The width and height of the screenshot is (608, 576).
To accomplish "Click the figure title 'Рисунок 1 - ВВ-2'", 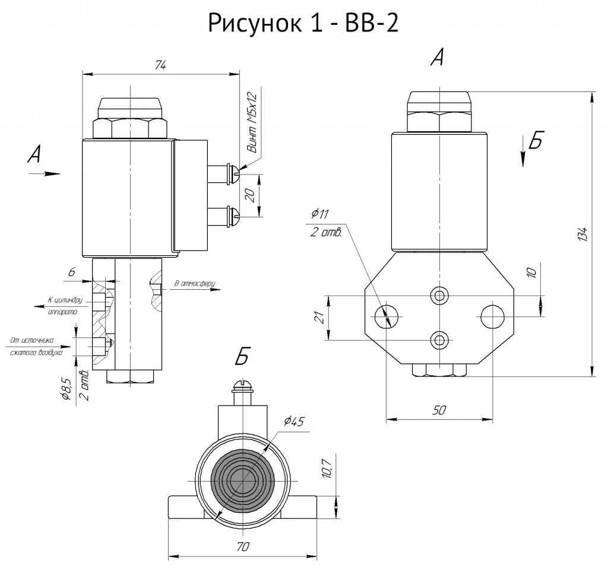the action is pyautogui.click(x=303, y=23).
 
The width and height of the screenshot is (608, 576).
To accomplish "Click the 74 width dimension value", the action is pyautogui.click(x=160, y=65).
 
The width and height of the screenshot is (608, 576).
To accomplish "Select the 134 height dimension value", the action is pyautogui.click(x=583, y=235).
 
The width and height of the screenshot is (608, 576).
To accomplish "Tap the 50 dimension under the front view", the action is pyautogui.click(x=439, y=410).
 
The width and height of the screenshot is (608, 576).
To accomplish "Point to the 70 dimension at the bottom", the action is pyautogui.click(x=242, y=547).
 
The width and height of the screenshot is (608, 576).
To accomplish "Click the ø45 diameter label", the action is pyautogui.click(x=294, y=421).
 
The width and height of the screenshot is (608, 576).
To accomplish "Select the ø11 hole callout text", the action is pyautogui.click(x=320, y=213).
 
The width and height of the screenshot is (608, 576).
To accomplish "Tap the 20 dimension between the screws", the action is pyautogui.click(x=251, y=195).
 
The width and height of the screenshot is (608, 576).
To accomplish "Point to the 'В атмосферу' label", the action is pyautogui.click(x=195, y=283).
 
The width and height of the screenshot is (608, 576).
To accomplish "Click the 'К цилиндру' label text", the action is pyautogui.click(x=65, y=300).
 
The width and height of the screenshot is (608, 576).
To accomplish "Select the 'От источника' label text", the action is pyautogui.click(x=32, y=341).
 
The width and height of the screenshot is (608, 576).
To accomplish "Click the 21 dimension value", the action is pyautogui.click(x=319, y=318).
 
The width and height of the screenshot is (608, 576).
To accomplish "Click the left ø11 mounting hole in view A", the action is pyautogui.click(x=387, y=317).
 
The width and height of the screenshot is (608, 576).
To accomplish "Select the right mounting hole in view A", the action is pyautogui.click(x=492, y=317).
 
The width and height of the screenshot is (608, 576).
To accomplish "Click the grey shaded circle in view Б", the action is pyautogui.click(x=243, y=481).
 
